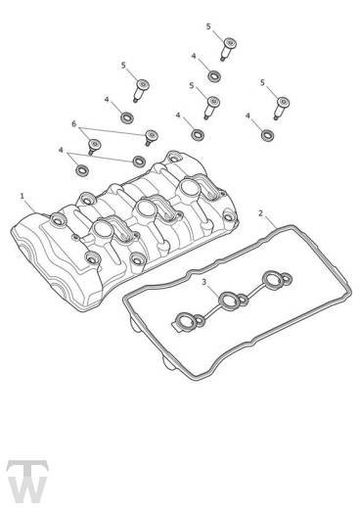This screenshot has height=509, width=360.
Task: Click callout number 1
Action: (x=22, y=196)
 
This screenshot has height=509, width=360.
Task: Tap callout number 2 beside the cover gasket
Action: (x=260, y=213)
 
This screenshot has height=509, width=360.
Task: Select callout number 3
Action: (x=204, y=282)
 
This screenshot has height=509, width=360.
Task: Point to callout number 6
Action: (x=73, y=124)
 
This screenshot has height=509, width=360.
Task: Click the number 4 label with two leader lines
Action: (x=61, y=150)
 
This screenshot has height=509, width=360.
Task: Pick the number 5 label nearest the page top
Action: (x=208, y=26)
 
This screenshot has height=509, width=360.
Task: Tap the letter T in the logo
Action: (x=27, y=469)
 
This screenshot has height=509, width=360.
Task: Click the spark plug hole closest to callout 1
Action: (x=100, y=228)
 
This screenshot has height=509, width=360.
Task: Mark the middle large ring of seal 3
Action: (x=227, y=301)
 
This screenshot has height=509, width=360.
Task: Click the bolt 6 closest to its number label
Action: (x=94, y=146)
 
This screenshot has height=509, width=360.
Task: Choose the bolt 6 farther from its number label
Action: (x=151, y=137)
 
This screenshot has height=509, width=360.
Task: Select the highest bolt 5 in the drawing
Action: (x=229, y=48)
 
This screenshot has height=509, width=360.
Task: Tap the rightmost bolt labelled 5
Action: (x=282, y=107)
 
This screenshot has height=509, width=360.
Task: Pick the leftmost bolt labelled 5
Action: (x=141, y=89)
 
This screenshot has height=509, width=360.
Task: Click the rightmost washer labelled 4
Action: (x=268, y=135)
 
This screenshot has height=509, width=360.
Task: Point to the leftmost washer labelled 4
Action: (x=82, y=170)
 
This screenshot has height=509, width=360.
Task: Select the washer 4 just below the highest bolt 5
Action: (x=214, y=76)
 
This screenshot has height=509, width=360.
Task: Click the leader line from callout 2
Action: (x=271, y=222)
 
